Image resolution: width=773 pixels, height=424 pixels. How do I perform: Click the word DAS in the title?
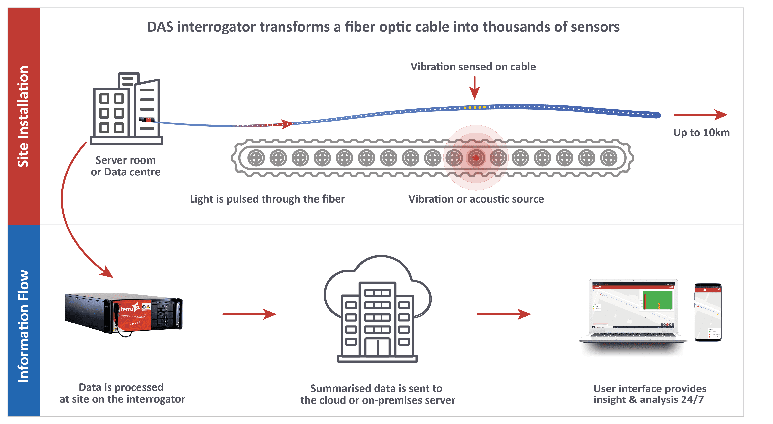160,27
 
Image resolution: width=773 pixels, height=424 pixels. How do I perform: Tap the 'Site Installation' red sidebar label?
23,116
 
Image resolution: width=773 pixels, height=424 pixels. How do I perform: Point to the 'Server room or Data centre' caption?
126,166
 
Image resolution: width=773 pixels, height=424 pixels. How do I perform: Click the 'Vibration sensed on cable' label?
473,67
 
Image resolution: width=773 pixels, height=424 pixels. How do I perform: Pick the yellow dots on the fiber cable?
475,107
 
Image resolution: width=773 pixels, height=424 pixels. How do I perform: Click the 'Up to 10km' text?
701,132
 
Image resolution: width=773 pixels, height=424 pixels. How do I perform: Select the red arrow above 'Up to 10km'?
700,115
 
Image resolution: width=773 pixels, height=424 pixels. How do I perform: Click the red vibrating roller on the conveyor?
476,158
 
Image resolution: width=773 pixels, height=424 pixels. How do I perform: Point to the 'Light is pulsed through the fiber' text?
267,199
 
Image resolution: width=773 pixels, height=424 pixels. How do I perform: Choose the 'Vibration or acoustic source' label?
476,199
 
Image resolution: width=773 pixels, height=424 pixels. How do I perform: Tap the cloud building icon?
378,309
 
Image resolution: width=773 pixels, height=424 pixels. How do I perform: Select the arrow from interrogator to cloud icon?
249,314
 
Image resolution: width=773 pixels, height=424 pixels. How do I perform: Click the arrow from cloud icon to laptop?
504,314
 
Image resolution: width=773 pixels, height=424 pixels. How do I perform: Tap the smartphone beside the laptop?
708,312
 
